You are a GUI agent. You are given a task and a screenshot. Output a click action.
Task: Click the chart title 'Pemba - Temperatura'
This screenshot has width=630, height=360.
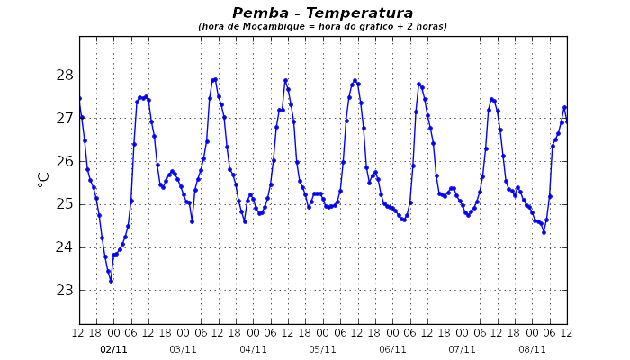(x=322, y=13)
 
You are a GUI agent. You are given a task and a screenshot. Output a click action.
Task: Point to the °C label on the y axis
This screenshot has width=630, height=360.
(x=44, y=179)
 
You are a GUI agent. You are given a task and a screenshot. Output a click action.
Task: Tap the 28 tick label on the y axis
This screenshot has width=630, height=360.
(x=65, y=76)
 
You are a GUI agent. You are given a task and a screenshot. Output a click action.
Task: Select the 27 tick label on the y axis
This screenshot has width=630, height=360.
(x=65, y=119)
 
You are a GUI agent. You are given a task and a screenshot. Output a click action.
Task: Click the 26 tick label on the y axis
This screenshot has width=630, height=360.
(x=65, y=162)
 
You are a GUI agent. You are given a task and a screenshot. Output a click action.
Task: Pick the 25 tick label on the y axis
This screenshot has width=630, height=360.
(x=65, y=204)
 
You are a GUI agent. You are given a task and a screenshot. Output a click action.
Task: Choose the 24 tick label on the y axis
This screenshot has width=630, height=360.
(x=65, y=247)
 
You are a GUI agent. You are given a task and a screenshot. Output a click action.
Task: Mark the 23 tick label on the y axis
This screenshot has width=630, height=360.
(x=65, y=291)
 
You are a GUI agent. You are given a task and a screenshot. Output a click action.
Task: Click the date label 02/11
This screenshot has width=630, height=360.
(x=113, y=349)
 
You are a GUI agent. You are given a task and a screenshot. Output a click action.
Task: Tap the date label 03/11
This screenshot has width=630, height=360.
(x=183, y=349)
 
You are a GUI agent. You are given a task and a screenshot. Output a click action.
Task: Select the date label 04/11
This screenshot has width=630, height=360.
(x=253, y=349)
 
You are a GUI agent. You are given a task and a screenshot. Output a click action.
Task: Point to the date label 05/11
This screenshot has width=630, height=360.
(x=322, y=349)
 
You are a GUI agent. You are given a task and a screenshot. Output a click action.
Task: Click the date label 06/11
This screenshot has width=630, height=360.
(x=392, y=349)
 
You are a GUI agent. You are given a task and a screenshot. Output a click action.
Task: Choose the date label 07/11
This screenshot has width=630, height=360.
(x=462, y=349)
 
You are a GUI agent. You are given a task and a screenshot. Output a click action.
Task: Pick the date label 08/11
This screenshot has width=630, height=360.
(x=532, y=349)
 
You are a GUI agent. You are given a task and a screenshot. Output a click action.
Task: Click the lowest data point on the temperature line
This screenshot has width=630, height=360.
(x=111, y=281)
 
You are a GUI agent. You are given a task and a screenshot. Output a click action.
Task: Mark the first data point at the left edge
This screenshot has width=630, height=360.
(x=79, y=99)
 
